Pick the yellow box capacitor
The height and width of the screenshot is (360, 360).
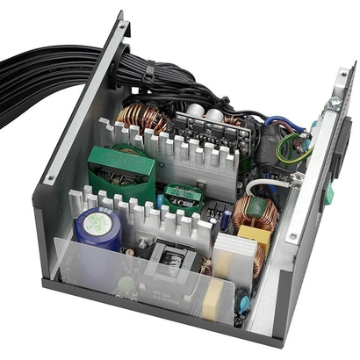click(255, 235)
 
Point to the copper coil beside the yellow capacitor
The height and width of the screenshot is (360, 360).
click(256, 212)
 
